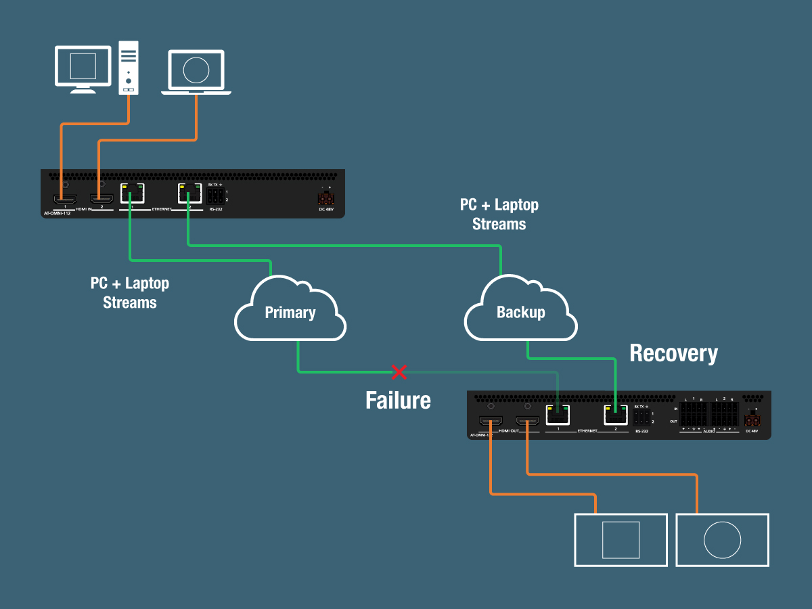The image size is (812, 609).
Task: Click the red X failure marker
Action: coord(399,371)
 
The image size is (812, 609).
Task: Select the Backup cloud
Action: coord(520,312)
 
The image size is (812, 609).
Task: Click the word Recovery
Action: coord(673,353)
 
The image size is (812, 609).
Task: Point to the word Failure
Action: coord(398,401)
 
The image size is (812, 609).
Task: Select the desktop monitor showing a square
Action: coord(83,66)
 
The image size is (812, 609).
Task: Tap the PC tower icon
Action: coord(129,68)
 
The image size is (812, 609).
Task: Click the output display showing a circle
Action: coord(723,540)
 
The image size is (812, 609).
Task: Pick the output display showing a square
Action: coord(621,540)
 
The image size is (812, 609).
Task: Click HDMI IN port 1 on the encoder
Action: coord(65,199)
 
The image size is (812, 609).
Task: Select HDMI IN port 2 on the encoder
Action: coord(101,199)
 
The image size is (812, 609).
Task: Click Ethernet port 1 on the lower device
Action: coord(558,414)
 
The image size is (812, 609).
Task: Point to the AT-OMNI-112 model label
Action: coord(57,213)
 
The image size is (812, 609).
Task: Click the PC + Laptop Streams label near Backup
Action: coord(499,215)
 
